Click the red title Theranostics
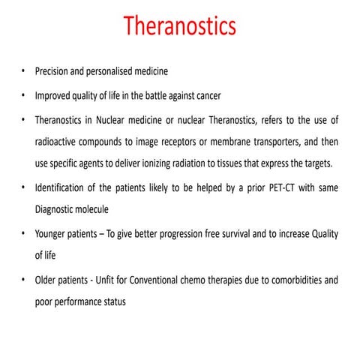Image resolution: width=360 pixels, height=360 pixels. click(x=180, y=26)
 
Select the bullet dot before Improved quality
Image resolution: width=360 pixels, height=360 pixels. click(x=24, y=96)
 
